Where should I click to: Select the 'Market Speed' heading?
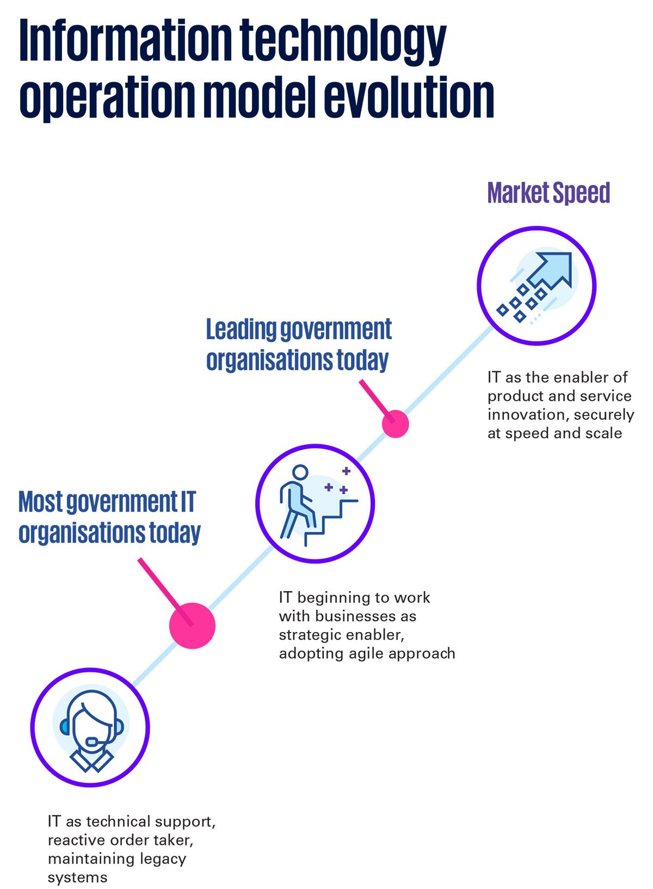point(549,193)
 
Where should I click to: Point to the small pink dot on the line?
point(395,424)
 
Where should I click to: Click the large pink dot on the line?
point(192,626)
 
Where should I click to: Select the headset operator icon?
point(90,728)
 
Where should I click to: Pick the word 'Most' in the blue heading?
point(40,502)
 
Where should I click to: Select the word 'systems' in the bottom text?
point(77,878)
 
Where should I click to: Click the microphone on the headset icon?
point(94,741)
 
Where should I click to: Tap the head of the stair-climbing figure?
point(300,473)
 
